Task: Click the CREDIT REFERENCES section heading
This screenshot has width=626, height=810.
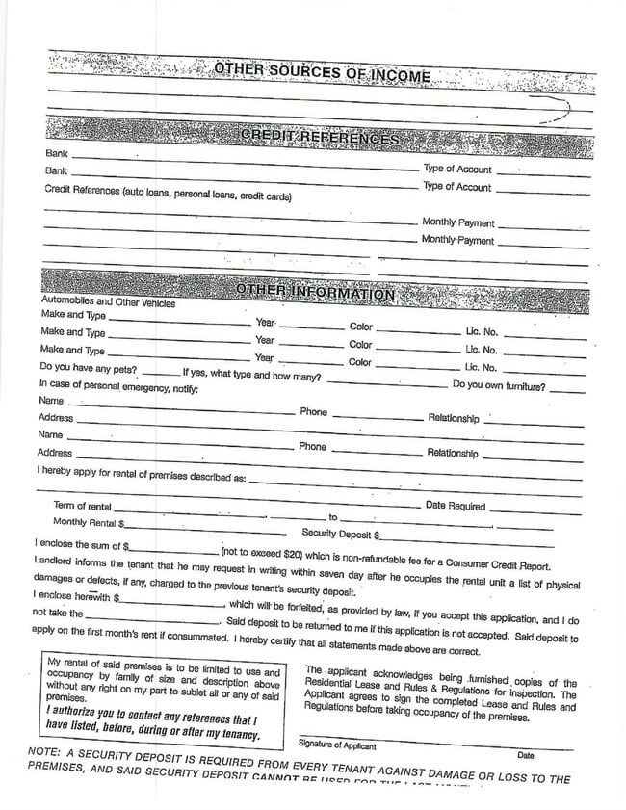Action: coord(319,139)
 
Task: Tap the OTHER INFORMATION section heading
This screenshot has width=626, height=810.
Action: coord(315,292)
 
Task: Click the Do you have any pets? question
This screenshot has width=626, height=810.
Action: coord(88,369)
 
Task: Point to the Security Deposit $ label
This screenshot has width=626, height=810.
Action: coord(341,533)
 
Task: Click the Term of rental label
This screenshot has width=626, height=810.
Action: coord(82,507)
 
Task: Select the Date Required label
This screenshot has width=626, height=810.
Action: coord(456,506)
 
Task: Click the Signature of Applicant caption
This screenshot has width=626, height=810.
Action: coord(337,745)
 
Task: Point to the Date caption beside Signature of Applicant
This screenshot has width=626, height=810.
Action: coord(526,754)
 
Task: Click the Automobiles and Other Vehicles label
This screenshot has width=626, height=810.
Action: coord(107,303)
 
